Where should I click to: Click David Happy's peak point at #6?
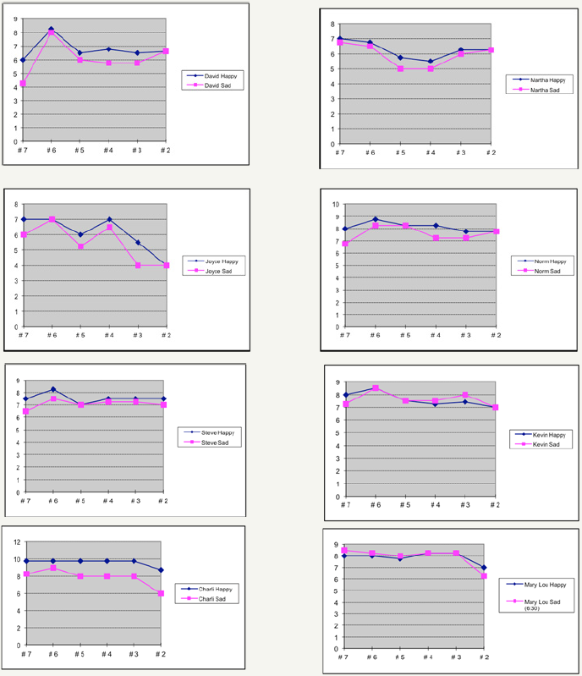(x=51, y=30)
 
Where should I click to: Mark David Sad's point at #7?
(x=23, y=83)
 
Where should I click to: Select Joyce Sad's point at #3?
(x=138, y=266)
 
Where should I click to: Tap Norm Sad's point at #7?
(x=344, y=244)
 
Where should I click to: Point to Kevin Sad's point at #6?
(x=375, y=387)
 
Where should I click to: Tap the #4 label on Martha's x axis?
(x=430, y=152)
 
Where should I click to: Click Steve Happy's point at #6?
(x=53, y=389)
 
